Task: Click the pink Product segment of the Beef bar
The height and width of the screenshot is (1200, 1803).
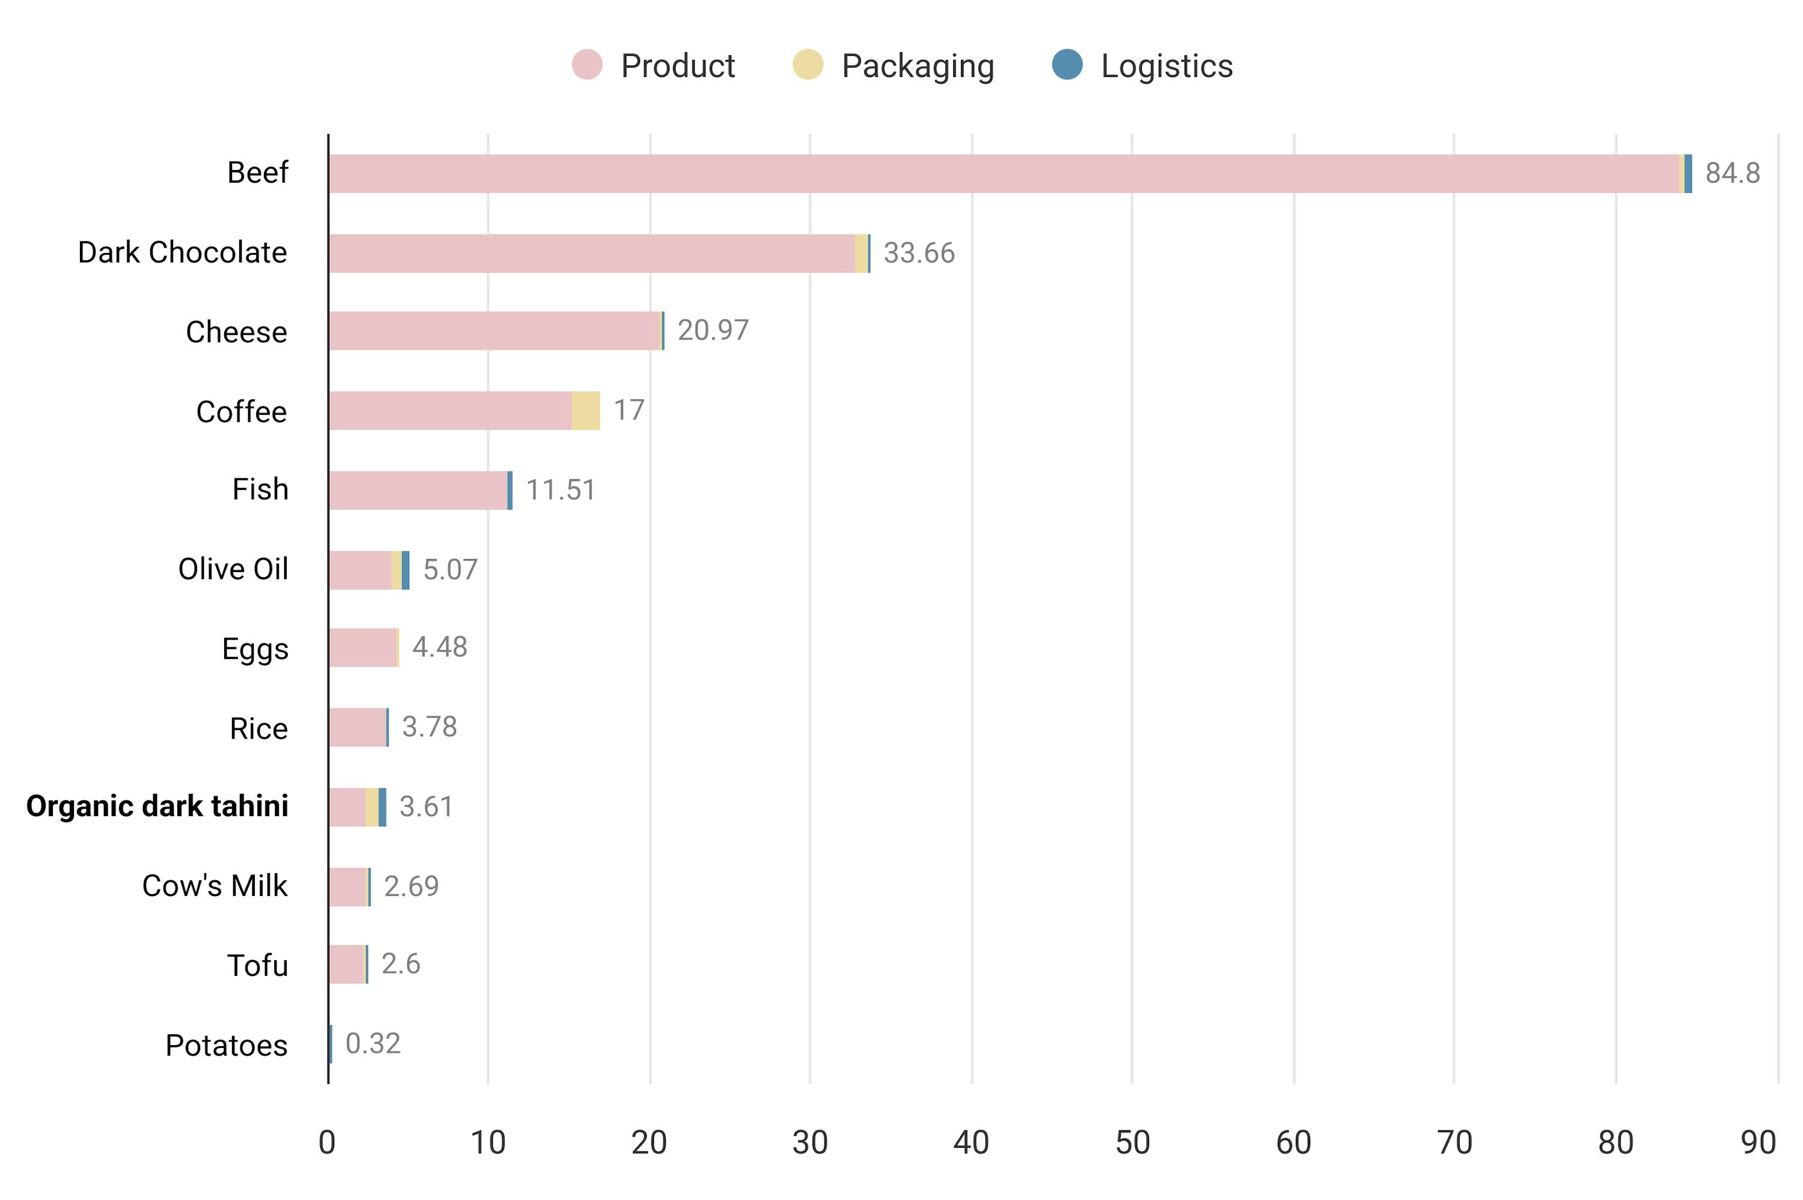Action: (1002, 174)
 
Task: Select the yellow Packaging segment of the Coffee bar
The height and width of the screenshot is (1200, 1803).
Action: (585, 410)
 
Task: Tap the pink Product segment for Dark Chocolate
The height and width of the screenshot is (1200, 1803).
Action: (591, 254)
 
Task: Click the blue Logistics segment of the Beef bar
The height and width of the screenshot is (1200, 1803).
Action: (1688, 174)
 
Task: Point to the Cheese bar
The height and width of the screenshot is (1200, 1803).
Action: (495, 330)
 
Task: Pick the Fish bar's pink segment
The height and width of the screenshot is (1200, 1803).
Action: (418, 490)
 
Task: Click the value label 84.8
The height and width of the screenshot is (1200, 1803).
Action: (1732, 174)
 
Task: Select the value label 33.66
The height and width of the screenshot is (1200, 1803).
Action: (918, 254)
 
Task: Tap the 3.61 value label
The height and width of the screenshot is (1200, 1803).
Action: (426, 806)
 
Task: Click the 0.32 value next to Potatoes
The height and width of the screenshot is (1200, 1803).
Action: (373, 1043)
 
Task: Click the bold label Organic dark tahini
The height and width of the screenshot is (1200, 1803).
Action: (157, 806)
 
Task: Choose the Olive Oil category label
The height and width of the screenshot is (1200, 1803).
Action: (233, 570)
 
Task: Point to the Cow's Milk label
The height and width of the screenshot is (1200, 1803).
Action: (215, 886)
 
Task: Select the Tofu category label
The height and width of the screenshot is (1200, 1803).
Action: (257, 966)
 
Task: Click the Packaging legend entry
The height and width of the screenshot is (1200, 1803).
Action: (917, 66)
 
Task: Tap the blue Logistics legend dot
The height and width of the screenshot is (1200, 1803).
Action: (1067, 64)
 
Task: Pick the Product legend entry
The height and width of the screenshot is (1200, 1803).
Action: (677, 66)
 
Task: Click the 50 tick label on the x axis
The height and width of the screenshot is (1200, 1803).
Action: (1132, 1142)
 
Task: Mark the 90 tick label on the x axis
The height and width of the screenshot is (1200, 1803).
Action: (1757, 1142)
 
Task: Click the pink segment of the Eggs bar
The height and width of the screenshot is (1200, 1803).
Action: (363, 647)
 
